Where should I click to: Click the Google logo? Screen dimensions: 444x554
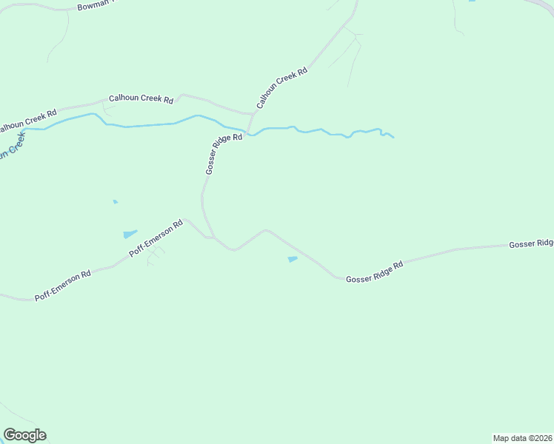click(24, 435)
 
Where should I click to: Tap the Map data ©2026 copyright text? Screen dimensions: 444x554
click(523, 437)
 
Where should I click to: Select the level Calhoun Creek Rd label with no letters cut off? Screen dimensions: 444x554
click(141, 98)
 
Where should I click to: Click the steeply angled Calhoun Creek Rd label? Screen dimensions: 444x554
click(282, 89)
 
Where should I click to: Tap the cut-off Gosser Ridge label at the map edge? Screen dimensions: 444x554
click(531, 243)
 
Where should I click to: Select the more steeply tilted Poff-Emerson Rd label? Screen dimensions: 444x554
click(156, 238)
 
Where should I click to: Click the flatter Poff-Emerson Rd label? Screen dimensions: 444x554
click(63, 286)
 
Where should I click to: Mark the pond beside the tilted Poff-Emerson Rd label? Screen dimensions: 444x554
click(130, 235)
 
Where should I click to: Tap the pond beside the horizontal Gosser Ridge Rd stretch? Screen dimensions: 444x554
click(293, 259)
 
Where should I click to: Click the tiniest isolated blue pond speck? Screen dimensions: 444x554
click(115, 201)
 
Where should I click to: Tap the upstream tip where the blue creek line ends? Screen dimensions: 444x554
click(393, 137)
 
